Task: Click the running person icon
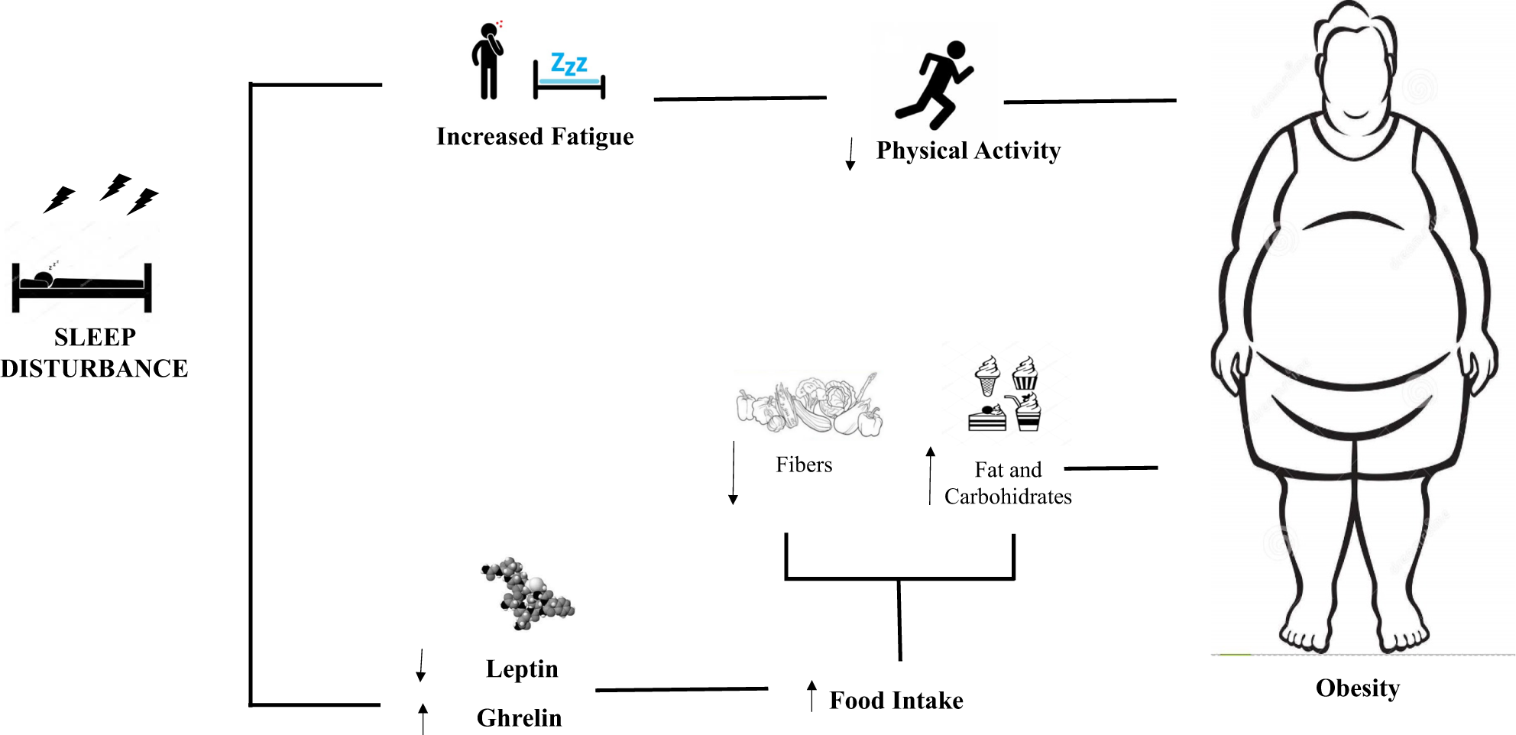pos(934,85)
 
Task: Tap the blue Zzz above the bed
pos(569,63)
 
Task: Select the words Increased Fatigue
pos(535,137)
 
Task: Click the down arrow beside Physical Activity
pos(850,154)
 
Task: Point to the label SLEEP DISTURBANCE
pos(94,352)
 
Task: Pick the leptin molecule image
pos(527,594)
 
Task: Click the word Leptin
pos(522,669)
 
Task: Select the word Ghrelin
pos(519,718)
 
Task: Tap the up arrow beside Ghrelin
pos(423,719)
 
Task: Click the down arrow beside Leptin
pos(420,665)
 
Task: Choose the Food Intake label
pos(896,701)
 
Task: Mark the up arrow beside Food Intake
pos(811,695)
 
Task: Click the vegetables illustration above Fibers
pos(809,405)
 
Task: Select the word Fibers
pos(804,465)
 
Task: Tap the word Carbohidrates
pos(1008,497)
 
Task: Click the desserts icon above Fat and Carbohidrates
pos(1005,393)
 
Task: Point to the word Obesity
pos(1358,688)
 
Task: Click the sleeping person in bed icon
pos(82,287)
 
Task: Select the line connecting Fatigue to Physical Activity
pos(740,99)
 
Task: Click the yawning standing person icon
pos(488,60)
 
